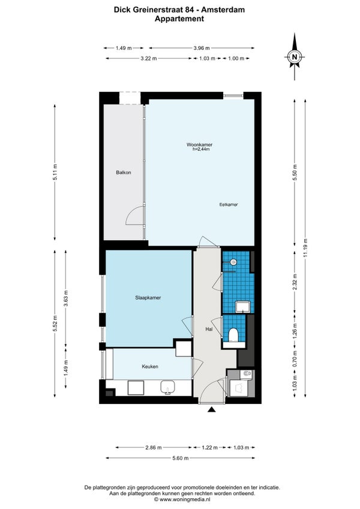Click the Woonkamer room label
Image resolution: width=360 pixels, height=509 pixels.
coord(199,145)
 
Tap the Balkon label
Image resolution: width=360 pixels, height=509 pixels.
coord(124,172)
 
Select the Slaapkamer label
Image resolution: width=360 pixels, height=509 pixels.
coord(148,298)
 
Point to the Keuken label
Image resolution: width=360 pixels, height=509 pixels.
coord(150,367)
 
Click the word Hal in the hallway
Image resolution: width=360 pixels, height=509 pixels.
coord(209,329)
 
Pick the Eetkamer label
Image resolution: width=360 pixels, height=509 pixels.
coord(229,205)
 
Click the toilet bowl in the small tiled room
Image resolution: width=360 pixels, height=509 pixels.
coord(233,335)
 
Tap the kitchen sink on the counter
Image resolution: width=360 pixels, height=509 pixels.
coord(168,388)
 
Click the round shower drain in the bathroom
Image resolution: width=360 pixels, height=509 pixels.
coord(233,261)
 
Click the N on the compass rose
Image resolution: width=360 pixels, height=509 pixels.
coord(295,56)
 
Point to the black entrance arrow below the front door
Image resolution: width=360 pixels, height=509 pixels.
coord(212,410)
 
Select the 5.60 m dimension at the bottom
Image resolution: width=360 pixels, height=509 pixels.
coord(181,458)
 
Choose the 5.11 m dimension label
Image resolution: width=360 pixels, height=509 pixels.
coord(55,173)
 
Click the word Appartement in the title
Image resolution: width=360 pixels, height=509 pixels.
coord(179,19)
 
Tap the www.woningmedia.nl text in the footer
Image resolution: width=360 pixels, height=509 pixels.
coord(184,499)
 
